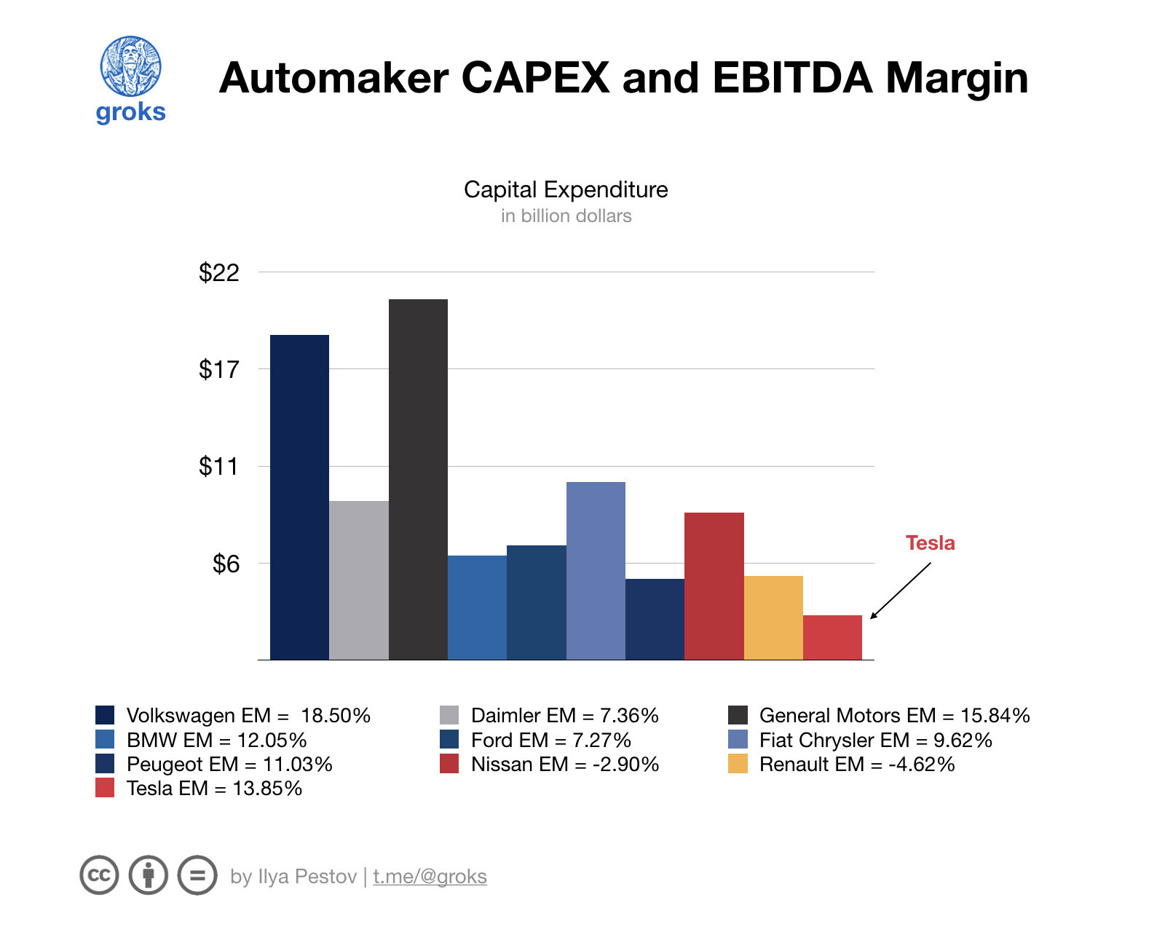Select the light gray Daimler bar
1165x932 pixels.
tap(358, 580)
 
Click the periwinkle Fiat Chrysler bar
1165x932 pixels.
tap(596, 571)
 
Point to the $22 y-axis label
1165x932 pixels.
tap(218, 273)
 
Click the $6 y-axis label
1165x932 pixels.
tap(225, 564)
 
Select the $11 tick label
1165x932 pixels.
tap(218, 467)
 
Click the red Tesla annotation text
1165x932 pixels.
tap(930, 543)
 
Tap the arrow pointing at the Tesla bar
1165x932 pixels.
tap(900, 591)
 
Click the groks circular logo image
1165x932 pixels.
tap(130, 66)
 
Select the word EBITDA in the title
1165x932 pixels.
tap(791, 78)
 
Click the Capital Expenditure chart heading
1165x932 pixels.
tap(566, 190)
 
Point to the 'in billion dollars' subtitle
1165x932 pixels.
tap(566, 216)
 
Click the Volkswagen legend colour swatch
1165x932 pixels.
tap(105, 715)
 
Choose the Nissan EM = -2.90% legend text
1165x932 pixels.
tap(564, 764)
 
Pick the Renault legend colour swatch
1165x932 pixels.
tap(738, 764)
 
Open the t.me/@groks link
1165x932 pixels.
tap(430, 876)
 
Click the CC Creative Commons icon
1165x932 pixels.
tap(99, 875)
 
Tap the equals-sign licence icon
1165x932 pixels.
tap(197, 875)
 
